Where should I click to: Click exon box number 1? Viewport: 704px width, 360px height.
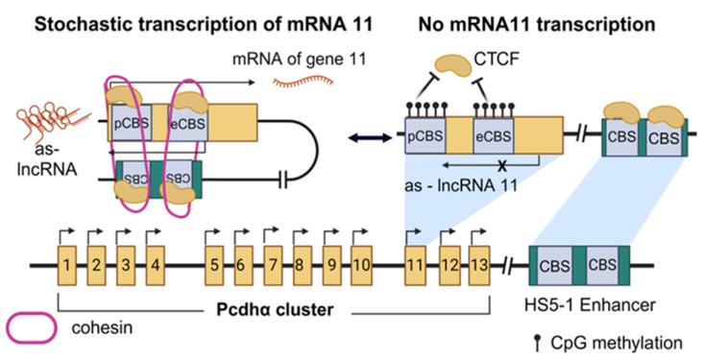[64, 263]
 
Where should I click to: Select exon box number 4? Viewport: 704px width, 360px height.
[158, 263]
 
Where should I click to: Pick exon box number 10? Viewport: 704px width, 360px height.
[361, 263]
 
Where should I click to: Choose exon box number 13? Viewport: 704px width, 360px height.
[479, 263]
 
